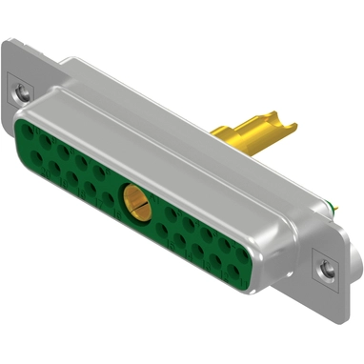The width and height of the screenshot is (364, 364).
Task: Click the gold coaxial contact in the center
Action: point(135,200)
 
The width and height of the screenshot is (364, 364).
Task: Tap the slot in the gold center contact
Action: point(135,201)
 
